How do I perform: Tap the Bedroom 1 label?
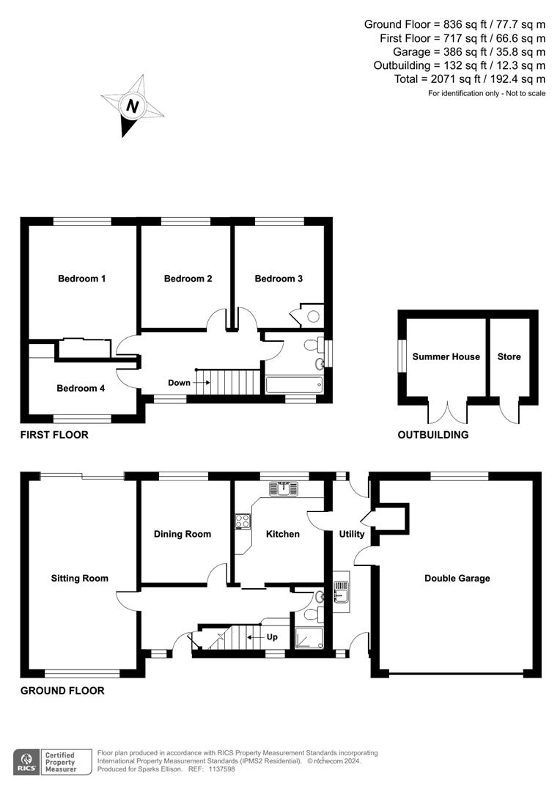click(x=82, y=279)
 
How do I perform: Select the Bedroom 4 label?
click(x=81, y=388)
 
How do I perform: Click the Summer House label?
click(x=446, y=356)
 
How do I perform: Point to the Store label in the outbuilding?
click(x=509, y=356)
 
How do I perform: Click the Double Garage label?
click(x=457, y=578)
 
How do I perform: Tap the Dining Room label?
click(x=183, y=534)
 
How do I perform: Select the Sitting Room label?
click(x=79, y=578)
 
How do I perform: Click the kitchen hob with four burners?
click(x=243, y=521)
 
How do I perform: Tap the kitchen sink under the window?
click(x=283, y=488)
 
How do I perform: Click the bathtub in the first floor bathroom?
click(x=292, y=385)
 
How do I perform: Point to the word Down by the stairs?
click(x=179, y=383)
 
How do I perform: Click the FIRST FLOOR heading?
click(x=54, y=435)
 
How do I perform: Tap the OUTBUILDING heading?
click(x=432, y=435)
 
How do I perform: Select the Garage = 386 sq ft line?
click(x=468, y=51)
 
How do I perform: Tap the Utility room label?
click(x=352, y=534)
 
